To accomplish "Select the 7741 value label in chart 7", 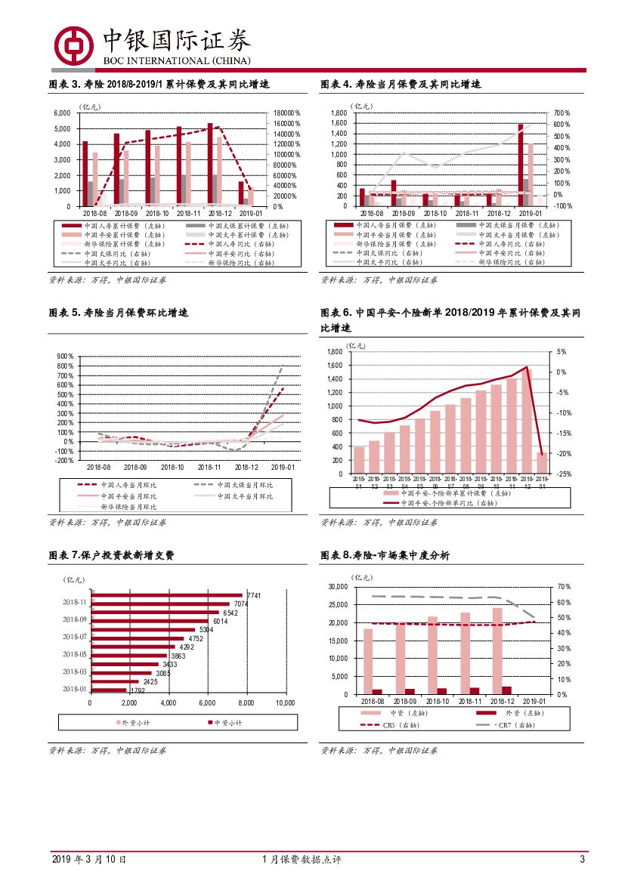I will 253,596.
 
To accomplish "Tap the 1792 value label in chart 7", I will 137,690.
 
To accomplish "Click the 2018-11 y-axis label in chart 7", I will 75,603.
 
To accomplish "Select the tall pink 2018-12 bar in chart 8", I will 497,650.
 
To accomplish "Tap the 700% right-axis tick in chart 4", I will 562,113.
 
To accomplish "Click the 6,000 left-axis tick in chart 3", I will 62,113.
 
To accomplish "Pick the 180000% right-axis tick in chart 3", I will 286,113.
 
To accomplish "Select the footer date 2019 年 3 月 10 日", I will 89,860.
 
